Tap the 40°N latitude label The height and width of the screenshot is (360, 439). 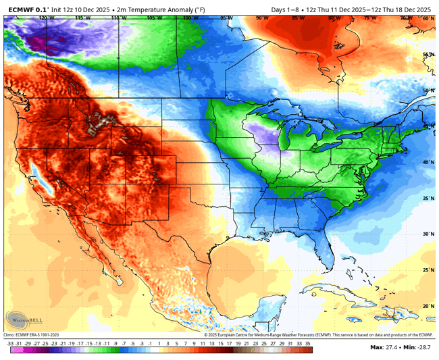coord(428,162)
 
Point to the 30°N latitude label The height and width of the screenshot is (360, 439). coord(428,234)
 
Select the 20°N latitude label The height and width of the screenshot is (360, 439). coord(428,305)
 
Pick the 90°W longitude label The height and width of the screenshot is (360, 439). coord(261,18)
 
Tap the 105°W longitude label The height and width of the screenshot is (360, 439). coord(153,18)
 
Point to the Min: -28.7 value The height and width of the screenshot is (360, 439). coord(417,347)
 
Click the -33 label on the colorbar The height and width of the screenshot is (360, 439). coord(11,342)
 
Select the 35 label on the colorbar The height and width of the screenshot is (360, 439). coord(307,342)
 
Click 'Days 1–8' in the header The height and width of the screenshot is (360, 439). coord(286,9)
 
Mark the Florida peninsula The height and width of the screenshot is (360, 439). coord(326,253)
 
